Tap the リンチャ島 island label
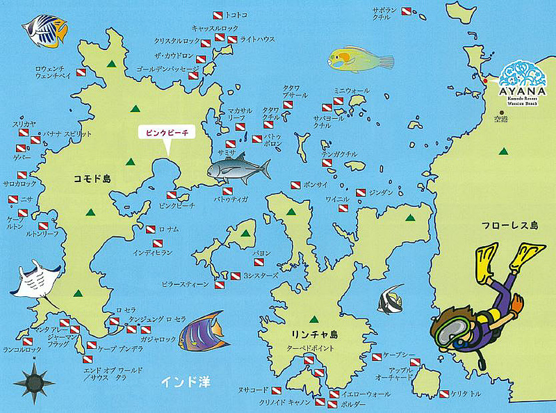pyautogui.click(x=314, y=332)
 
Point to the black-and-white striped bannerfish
pyautogui.click(x=390, y=299)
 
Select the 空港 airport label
pyautogui.click(x=501, y=120)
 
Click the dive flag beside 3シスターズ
pyautogui.click(x=234, y=275)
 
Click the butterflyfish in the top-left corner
pyautogui.click(x=45, y=30)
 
